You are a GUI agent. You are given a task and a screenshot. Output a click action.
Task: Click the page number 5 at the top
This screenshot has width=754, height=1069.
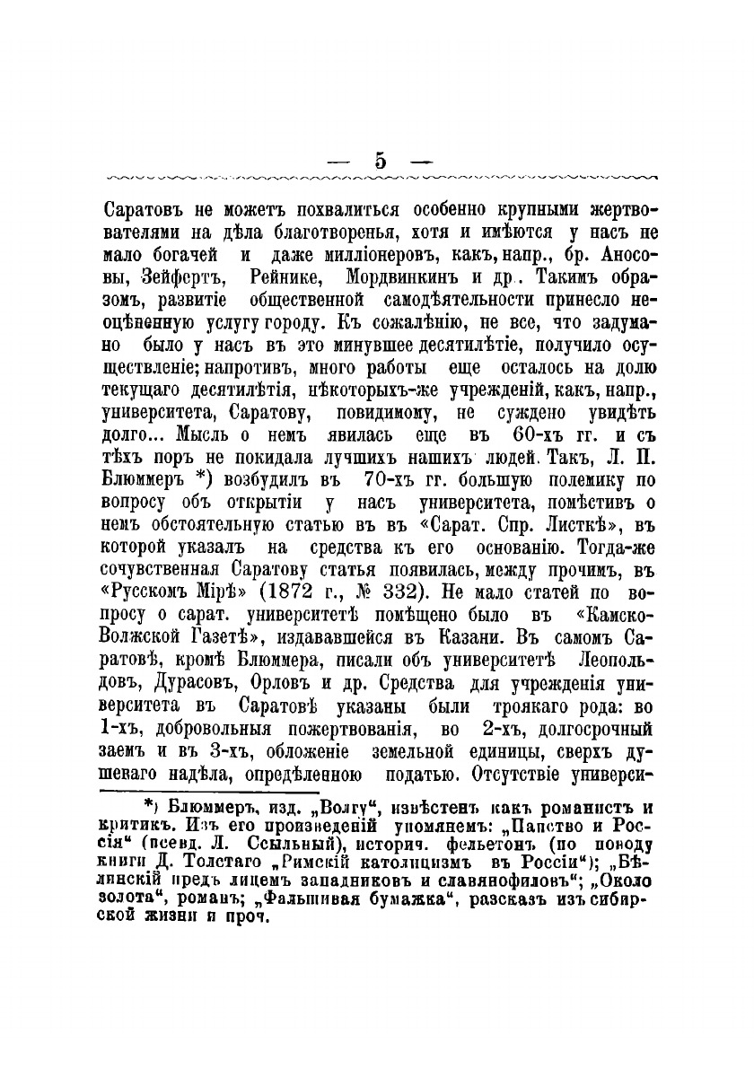(x=380, y=162)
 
